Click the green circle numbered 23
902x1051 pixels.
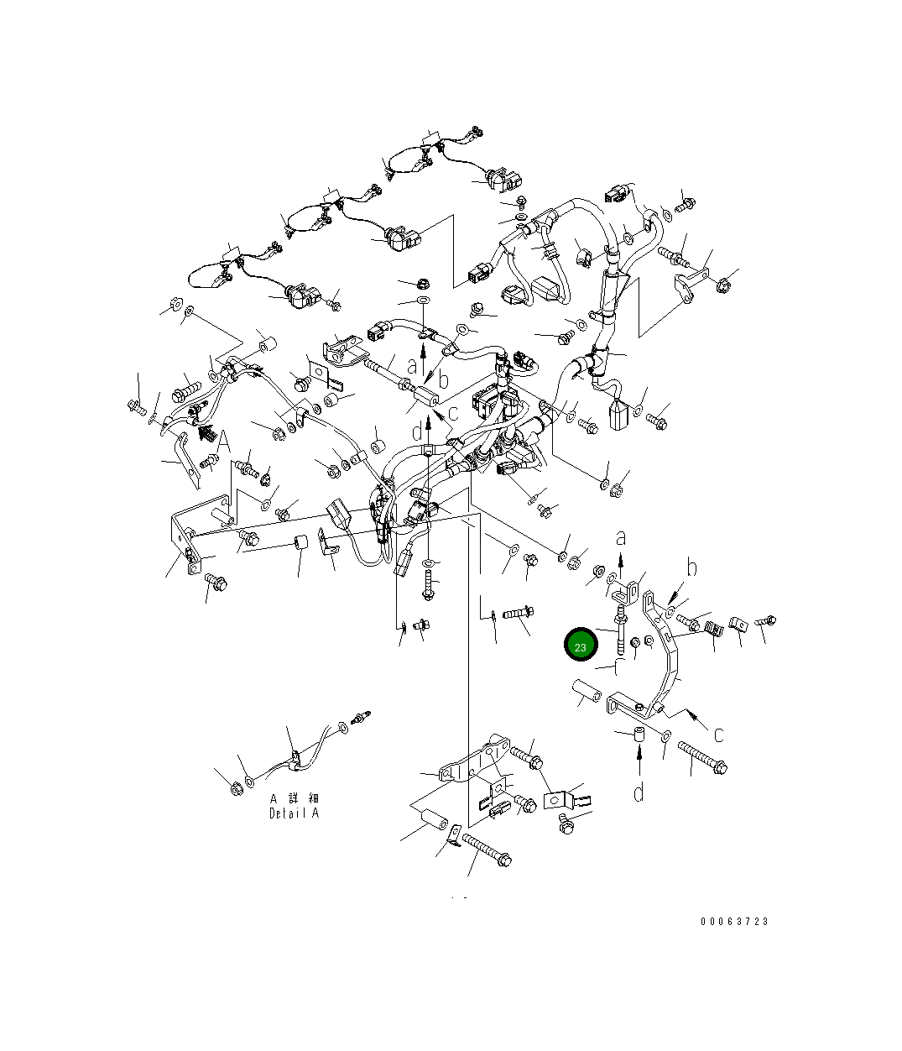(x=580, y=644)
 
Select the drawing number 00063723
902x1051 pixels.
(x=734, y=922)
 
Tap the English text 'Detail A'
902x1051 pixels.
(x=294, y=813)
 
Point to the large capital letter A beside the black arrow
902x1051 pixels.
(x=223, y=442)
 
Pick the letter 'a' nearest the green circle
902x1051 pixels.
(x=621, y=538)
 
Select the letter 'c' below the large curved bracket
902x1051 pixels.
(x=718, y=735)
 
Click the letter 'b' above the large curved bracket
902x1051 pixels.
(x=691, y=567)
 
